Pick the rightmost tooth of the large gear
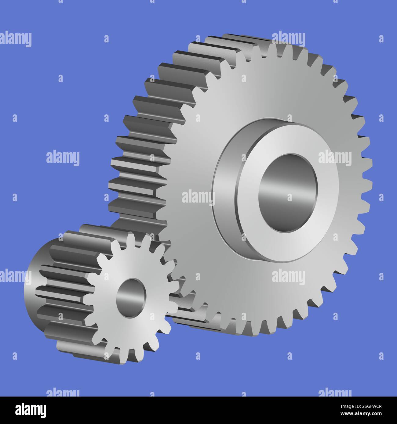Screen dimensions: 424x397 pos(368,183)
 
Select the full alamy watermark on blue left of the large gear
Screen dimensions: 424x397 pos(63,158)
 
